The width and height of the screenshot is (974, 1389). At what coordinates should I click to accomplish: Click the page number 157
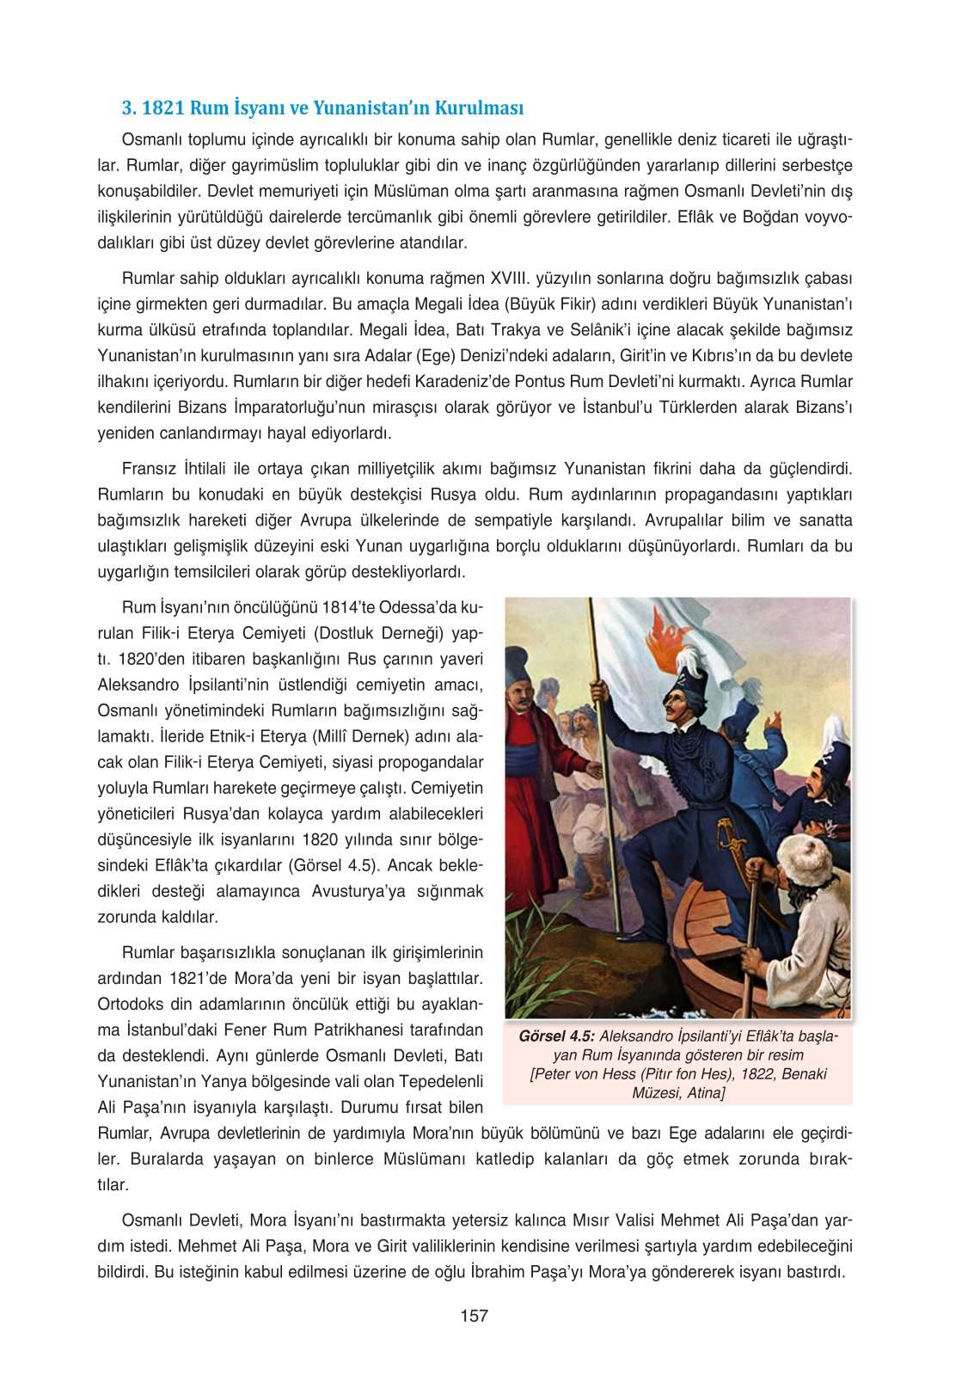click(474, 1315)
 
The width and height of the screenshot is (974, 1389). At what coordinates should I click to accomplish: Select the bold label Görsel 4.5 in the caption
click(556, 1036)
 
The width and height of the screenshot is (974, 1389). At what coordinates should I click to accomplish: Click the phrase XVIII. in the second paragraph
click(510, 279)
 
